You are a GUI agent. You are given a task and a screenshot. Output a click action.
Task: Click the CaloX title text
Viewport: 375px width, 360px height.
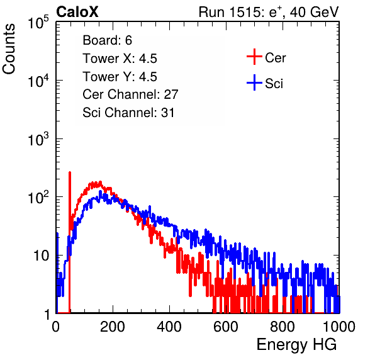tap(77, 12)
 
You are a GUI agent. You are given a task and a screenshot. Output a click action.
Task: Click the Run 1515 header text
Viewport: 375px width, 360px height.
tap(269, 12)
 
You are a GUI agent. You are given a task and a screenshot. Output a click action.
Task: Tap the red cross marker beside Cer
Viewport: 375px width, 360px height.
tap(254, 57)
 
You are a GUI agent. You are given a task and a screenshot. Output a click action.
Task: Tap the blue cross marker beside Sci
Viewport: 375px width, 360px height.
tap(254, 82)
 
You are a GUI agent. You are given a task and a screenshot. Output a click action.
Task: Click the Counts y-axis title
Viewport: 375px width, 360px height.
tap(9, 48)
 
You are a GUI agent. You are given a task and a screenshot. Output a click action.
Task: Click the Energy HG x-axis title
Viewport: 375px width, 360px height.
tap(296, 345)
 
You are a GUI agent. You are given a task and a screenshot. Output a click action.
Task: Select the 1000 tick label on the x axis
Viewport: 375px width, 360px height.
tap(339, 327)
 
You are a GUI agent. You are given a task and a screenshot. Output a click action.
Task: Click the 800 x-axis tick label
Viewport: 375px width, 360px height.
tap(283, 327)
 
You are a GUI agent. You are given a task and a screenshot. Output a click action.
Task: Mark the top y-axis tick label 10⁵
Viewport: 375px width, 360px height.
tap(38, 22)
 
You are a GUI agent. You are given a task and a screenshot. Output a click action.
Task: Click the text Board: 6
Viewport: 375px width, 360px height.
tap(107, 40)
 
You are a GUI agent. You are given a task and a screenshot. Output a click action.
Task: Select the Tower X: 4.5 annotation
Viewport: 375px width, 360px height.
tap(120, 59)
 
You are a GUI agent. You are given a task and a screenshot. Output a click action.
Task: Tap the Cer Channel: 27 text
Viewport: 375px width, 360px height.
tap(130, 94)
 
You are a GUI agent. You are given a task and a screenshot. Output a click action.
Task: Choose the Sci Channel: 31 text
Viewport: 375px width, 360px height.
tap(128, 113)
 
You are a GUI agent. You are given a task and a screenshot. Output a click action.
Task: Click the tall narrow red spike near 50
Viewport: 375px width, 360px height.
tap(70, 242)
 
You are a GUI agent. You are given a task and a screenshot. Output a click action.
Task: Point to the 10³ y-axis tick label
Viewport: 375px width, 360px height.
tap(38, 139)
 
